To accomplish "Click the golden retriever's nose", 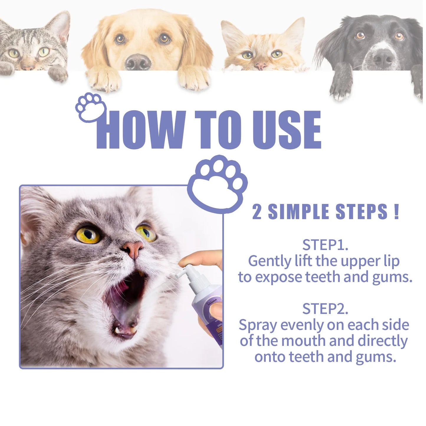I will pos(138,61).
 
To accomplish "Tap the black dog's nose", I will pos(383,58).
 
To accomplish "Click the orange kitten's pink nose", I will pos(260,65).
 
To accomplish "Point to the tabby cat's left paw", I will pos(58,74).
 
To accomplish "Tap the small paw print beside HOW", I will pos(90,107).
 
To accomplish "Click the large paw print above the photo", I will pos(218,183).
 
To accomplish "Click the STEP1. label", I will pos(325,245).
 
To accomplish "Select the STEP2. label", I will pos(325,309).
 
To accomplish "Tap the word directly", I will pos(382,341).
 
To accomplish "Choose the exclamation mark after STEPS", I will pos(396,211).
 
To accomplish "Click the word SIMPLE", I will pos(298,212).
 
